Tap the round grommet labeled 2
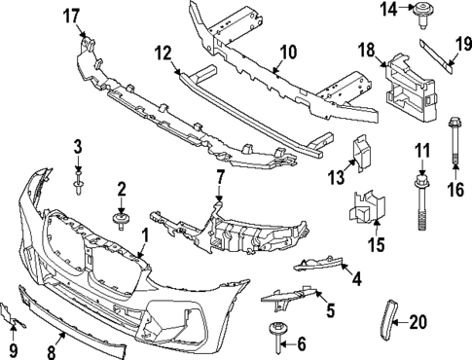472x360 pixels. (123, 219)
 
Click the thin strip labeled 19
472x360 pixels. (441, 57)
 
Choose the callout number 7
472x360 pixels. (220, 178)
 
